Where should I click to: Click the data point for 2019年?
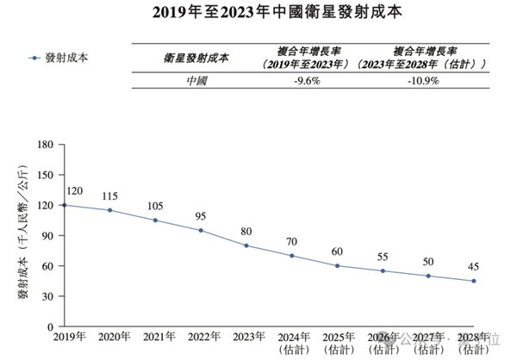[x=65, y=205]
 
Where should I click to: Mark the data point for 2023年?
[x=246, y=245]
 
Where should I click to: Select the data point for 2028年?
[x=474, y=281]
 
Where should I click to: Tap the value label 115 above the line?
[x=109, y=196]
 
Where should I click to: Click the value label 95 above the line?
[x=201, y=216]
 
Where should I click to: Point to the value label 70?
[x=291, y=242]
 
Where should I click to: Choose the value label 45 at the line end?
[x=474, y=267]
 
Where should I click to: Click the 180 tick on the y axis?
[x=47, y=145]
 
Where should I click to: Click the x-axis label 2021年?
[x=155, y=337]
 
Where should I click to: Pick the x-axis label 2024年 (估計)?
[x=291, y=343]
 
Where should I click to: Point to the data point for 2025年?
[x=337, y=265]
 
